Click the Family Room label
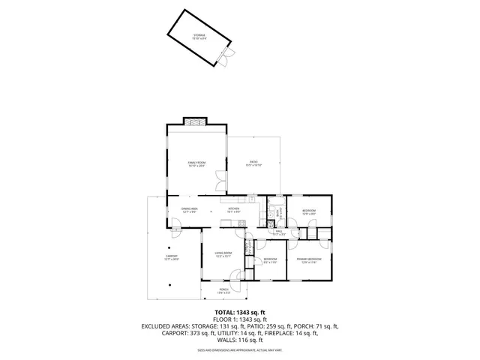click(196, 163)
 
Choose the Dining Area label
click(190, 210)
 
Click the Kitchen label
click(233, 210)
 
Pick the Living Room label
click(223, 255)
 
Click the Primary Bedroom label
click(309, 260)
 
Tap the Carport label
click(172, 258)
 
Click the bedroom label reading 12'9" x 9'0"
click(309, 212)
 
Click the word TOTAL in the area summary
click(226, 312)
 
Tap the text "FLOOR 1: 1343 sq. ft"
click(241, 319)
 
